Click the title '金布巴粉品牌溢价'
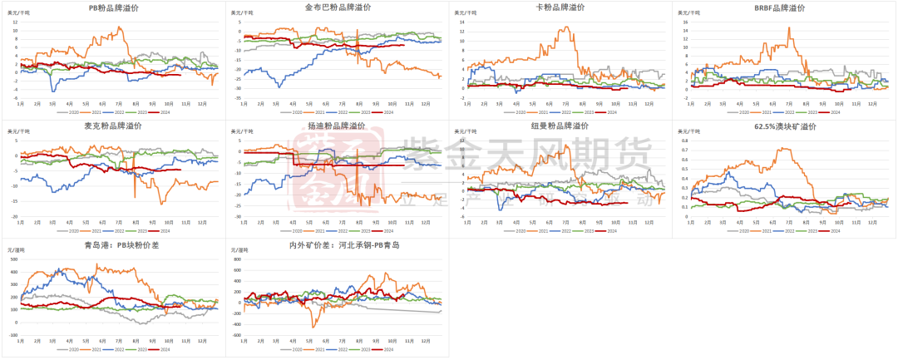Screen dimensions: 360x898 (x=337, y=7)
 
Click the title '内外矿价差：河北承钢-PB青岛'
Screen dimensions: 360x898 (x=337, y=246)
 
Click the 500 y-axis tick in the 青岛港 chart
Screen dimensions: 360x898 (x=13, y=260)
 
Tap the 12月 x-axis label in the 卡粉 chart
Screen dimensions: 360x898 (x=656, y=105)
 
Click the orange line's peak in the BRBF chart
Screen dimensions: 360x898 (x=789, y=28)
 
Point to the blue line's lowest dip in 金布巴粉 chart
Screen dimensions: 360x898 (x=279, y=86)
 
